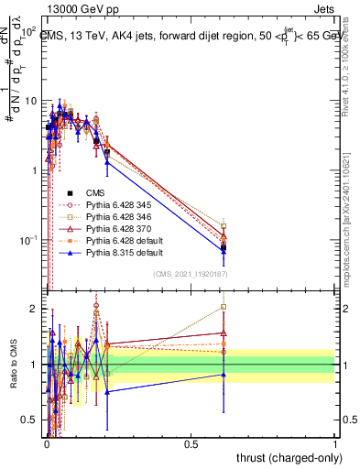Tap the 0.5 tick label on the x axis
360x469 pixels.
191,443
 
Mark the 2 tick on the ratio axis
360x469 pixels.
33,309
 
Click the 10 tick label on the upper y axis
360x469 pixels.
29,100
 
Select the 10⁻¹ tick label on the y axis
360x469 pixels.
27,240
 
